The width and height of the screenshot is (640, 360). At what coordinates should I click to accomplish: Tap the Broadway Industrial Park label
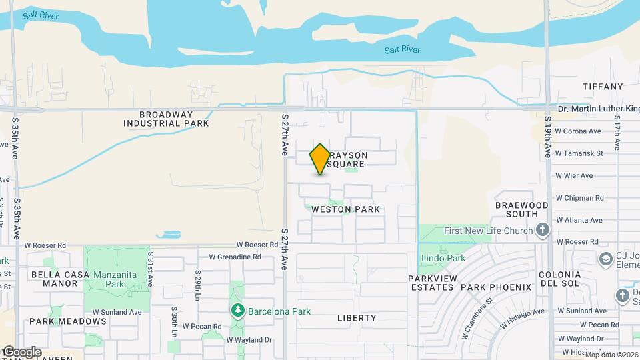[166, 119]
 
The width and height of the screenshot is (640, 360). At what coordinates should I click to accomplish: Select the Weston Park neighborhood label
[346, 209]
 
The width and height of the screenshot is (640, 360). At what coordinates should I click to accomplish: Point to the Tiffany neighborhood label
[602, 87]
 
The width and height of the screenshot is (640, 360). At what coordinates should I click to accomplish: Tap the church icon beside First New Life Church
[543, 231]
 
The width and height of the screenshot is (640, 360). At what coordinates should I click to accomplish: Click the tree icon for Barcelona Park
[237, 311]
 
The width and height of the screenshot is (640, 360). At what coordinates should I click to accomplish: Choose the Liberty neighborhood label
[357, 318]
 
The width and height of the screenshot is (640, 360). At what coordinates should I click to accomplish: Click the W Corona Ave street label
[579, 131]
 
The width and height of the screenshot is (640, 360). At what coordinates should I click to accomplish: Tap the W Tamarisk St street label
[579, 153]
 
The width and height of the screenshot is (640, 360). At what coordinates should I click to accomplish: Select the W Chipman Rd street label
[579, 198]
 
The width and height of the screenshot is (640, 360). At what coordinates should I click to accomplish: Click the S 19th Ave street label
[547, 137]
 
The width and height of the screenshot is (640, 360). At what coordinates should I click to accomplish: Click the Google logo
[22, 351]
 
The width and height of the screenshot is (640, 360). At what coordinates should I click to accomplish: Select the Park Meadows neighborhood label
[59, 321]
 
